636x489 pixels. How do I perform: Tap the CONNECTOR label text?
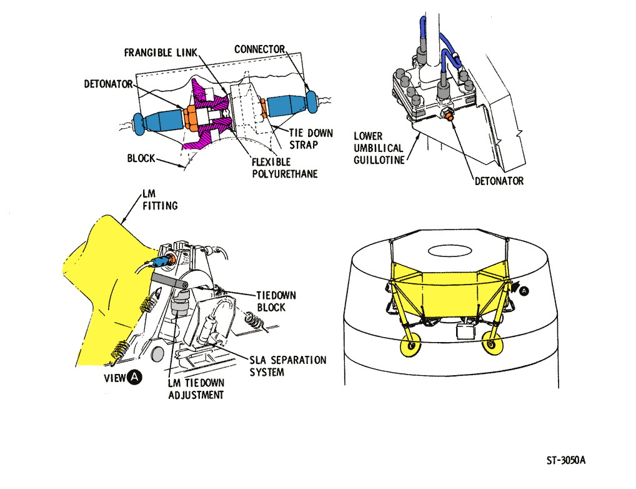pyautogui.click(x=259, y=49)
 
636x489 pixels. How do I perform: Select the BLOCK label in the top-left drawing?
pyautogui.click(x=141, y=158)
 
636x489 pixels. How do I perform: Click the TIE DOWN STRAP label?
pyautogui.click(x=311, y=139)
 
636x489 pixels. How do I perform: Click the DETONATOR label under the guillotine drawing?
pyautogui.click(x=498, y=181)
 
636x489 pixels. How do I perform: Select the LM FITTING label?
pyautogui.click(x=160, y=199)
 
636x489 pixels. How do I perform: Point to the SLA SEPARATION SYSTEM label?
pyautogui.click(x=287, y=366)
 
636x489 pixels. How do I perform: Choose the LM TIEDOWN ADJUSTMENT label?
pyautogui.click(x=196, y=388)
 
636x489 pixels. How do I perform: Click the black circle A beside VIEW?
pyautogui.click(x=136, y=376)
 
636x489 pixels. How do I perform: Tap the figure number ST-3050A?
pyautogui.click(x=565, y=460)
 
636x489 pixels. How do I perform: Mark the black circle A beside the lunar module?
pyautogui.click(x=524, y=290)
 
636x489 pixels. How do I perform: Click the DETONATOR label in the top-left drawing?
pyautogui.click(x=108, y=83)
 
